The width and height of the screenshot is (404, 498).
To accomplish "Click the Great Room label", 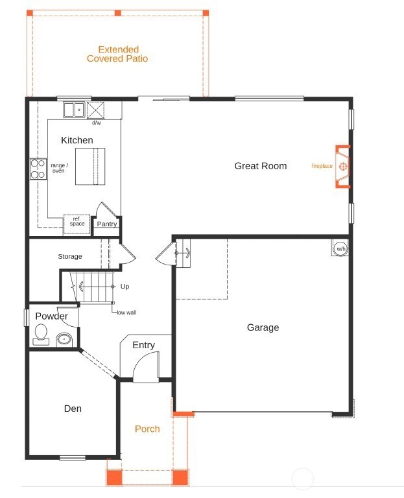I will click(260, 166).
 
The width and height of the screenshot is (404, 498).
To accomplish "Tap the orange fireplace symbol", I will click(343, 167).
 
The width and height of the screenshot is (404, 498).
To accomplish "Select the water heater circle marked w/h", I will click(340, 248).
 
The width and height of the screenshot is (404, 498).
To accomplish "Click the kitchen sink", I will click(73, 110).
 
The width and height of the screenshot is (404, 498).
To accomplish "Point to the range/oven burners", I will click(38, 169).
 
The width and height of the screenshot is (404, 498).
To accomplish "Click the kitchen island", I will click(89, 167).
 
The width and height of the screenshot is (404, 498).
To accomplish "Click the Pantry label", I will click(107, 224).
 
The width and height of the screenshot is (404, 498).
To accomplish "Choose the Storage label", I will click(70, 257).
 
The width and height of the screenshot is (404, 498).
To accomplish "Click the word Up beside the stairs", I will click(125, 286).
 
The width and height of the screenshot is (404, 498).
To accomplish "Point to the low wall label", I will click(126, 313).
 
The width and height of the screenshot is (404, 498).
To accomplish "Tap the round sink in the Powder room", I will click(64, 338).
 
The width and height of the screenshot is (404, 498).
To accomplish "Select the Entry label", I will click(143, 345).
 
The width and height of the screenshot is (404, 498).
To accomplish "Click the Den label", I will click(73, 409).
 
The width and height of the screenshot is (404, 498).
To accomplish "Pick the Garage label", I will click(263, 327).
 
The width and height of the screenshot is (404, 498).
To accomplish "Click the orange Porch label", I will click(147, 429).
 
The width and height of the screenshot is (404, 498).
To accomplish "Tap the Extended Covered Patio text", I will click(117, 54).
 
